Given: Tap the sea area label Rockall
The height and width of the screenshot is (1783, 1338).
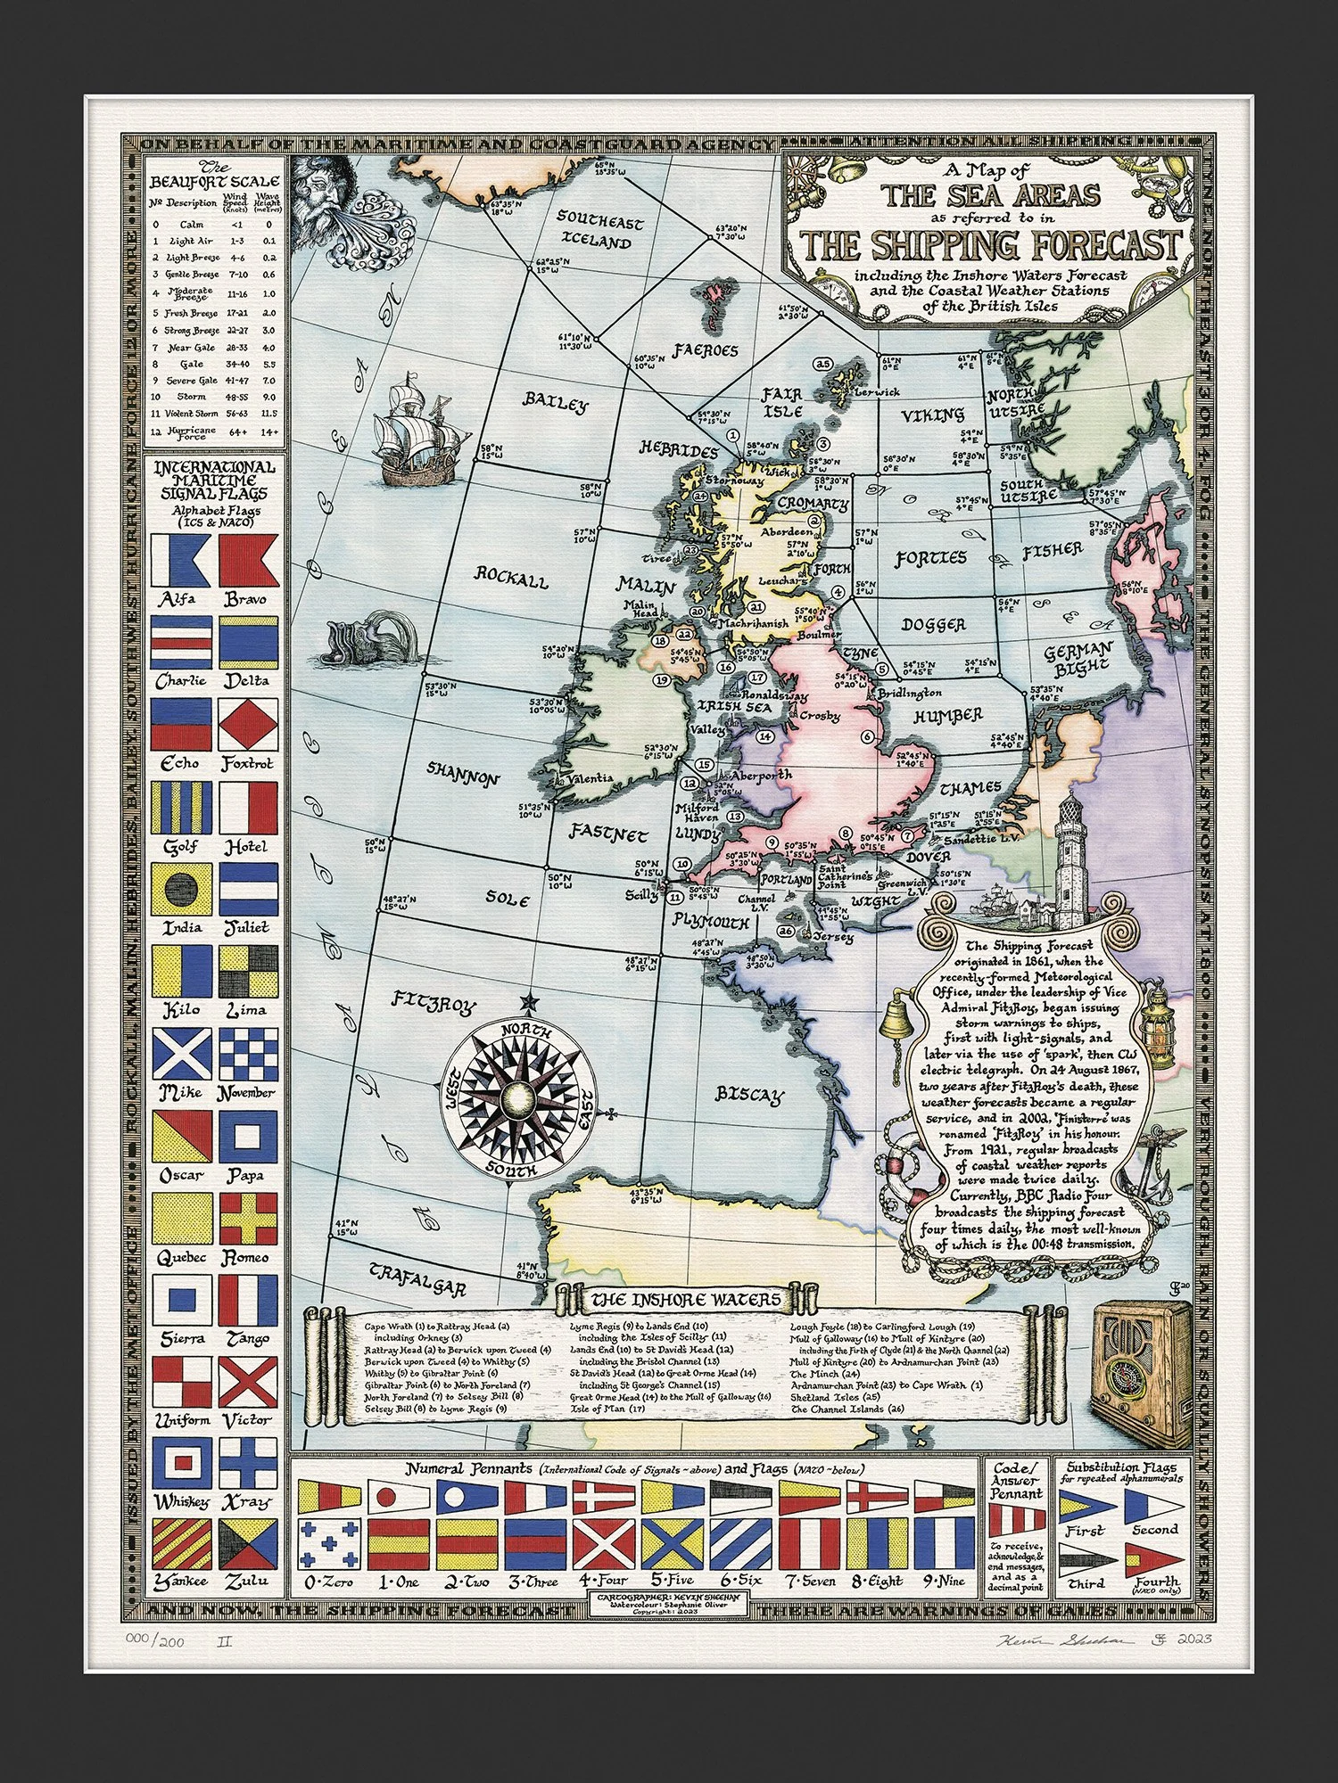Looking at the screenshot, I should (511, 577).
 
